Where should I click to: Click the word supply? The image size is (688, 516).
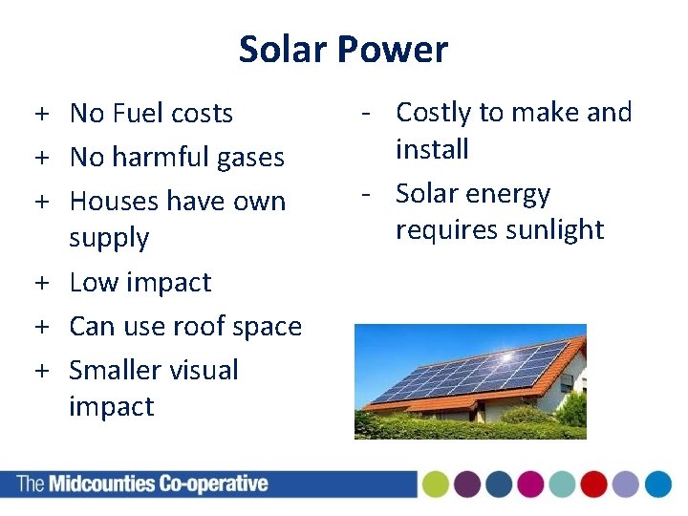[109, 238]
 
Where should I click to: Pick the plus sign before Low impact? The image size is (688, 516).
[44, 284]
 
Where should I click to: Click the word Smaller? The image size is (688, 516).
[115, 371]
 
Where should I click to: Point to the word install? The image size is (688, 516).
[432, 150]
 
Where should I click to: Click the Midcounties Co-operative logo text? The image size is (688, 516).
[143, 484]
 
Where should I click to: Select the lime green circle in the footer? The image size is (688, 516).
[437, 484]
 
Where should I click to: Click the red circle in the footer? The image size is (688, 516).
[593, 484]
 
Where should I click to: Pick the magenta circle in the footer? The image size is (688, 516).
[530, 484]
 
